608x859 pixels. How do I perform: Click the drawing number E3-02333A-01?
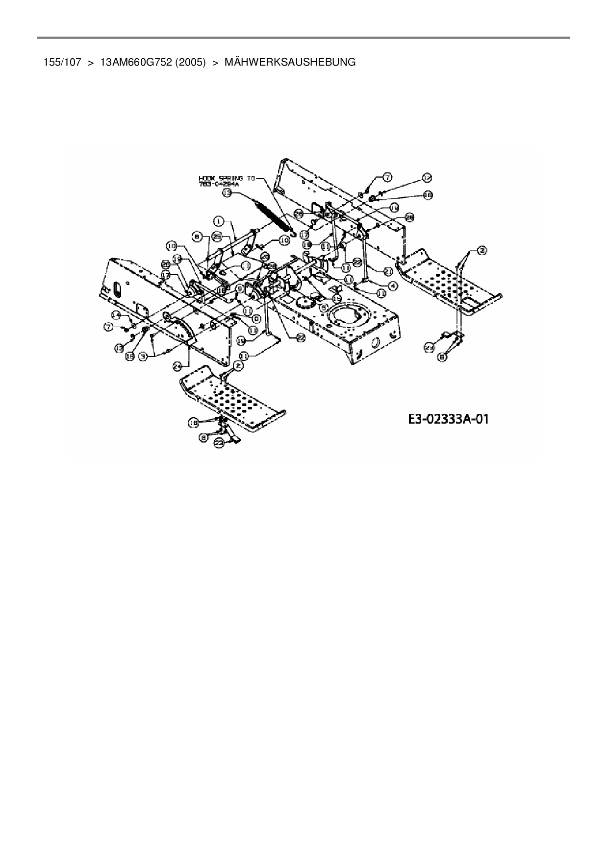coord(448,419)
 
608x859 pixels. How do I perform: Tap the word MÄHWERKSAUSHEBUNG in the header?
coord(289,62)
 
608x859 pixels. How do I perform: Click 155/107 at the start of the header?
coord(62,62)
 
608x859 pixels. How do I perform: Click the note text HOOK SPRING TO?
coord(227,179)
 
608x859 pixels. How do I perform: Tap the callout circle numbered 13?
coord(227,193)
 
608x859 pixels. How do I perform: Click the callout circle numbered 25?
coord(218,237)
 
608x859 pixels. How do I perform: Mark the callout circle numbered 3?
coord(143,357)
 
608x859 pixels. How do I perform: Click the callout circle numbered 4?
coord(392,285)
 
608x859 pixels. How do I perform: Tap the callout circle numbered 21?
coord(388,271)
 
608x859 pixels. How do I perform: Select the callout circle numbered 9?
coord(240,289)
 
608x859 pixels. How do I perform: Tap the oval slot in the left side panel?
coord(117,289)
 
